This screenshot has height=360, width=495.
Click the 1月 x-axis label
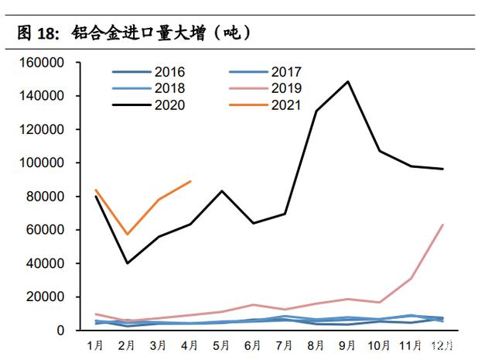tap(96, 344)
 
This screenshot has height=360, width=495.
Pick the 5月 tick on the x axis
tap(222, 344)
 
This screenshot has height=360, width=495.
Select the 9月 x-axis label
tap(348, 344)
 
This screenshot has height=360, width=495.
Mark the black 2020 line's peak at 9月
tap(348, 81)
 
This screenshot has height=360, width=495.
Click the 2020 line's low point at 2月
tap(127, 263)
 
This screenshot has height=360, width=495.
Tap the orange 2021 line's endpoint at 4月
tap(190, 181)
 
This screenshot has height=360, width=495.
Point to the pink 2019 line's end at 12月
tap(442, 225)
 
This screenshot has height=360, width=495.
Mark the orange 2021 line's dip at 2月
tap(127, 234)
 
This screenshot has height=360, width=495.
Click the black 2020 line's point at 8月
tap(316, 111)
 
